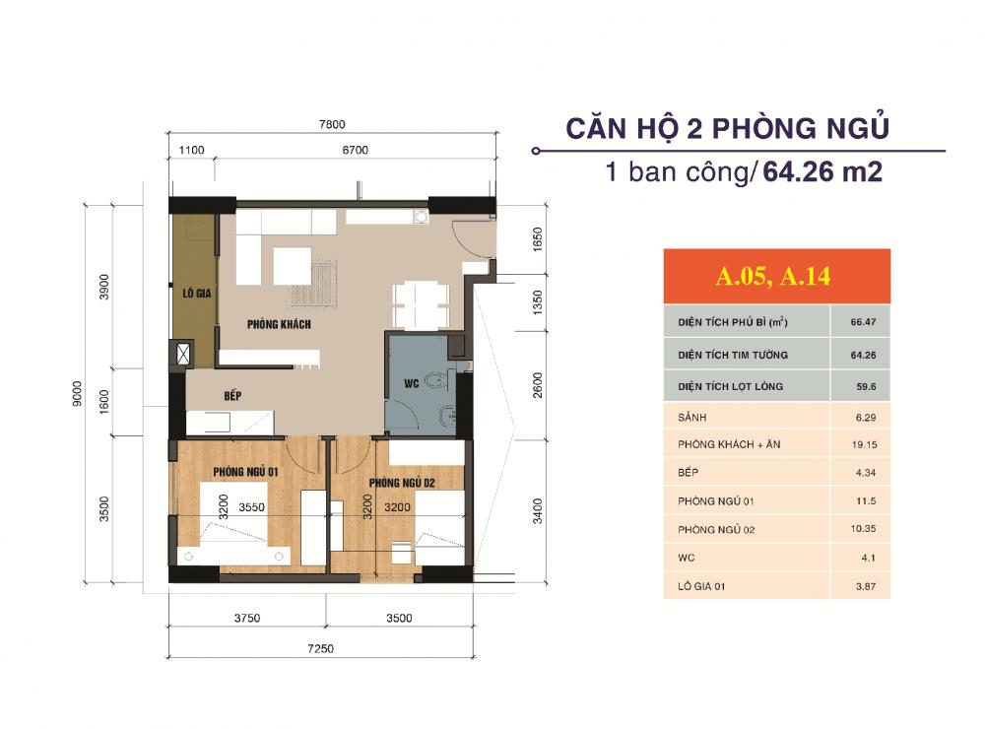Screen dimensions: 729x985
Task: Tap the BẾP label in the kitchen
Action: (232, 395)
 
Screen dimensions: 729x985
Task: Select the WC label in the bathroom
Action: (413, 384)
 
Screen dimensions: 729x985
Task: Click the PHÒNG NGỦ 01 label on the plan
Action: (243, 472)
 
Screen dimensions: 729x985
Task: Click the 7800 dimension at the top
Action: (332, 124)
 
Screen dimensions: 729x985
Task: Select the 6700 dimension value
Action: (355, 150)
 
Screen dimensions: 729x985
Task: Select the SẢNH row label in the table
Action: (693, 417)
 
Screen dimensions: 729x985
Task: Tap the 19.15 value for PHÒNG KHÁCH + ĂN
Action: (862, 445)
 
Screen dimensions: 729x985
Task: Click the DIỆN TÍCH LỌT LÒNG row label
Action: (730, 386)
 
